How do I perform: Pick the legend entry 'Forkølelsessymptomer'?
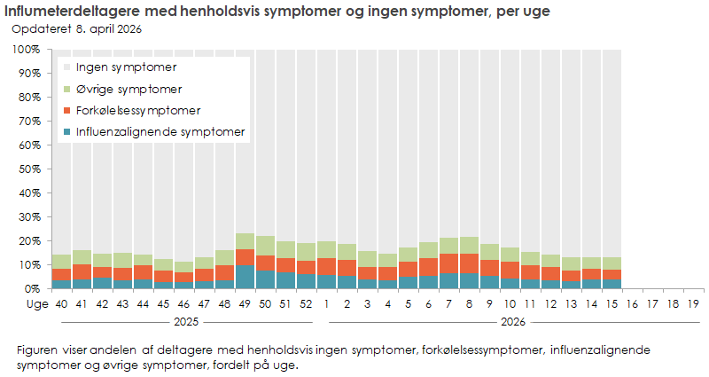coord(138,111)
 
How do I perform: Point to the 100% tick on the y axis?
coord(27,50)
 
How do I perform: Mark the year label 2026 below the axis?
coord(510,321)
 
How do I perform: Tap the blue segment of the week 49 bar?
coord(245,277)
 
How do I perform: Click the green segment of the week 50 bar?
coord(265,246)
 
